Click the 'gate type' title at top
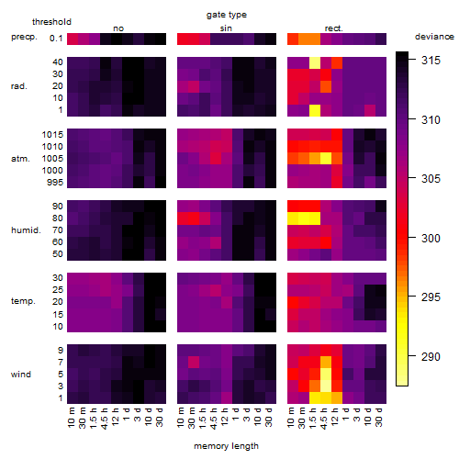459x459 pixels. click(x=227, y=15)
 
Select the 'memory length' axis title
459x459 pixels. click(x=226, y=446)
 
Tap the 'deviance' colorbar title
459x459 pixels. click(x=434, y=37)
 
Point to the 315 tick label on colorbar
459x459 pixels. click(x=431, y=61)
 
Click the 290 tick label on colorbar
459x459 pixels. click(x=431, y=356)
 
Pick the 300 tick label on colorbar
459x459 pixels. click(x=431, y=238)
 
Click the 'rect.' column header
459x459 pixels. click(x=333, y=28)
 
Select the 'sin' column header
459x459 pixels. click(x=226, y=28)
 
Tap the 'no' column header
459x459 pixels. click(x=118, y=28)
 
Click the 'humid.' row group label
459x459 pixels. click(x=26, y=230)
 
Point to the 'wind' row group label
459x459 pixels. click(x=21, y=375)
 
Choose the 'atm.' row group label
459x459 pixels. click(x=20, y=159)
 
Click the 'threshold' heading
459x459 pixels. click(x=51, y=22)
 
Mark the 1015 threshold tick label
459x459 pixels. click(x=52, y=135)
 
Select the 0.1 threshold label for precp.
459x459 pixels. click(x=56, y=39)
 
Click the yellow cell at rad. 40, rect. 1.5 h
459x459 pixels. click(x=315, y=62)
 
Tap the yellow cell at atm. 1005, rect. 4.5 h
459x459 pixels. click(x=326, y=159)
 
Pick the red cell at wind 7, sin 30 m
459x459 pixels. click(x=194, y=362)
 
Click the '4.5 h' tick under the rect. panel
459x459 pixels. click(x=323, y=418)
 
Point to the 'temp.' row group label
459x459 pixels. click(x=23, y=301)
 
